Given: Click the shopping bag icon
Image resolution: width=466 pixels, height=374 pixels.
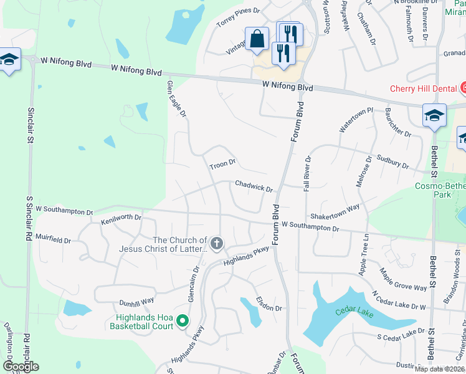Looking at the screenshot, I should tap(257, 39).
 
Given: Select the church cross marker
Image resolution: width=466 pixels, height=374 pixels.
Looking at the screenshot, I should tap(216, 243).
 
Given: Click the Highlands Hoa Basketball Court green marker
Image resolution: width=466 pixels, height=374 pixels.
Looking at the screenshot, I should tap(183, 321).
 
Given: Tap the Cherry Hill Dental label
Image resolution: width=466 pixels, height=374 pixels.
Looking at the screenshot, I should tap(424, 89).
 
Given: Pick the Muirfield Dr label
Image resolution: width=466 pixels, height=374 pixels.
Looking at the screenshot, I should tap(53, 238).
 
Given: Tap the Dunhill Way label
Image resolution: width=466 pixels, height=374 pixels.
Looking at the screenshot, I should tap(136, 300).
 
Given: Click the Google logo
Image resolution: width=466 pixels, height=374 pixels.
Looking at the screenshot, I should tap(21, 366).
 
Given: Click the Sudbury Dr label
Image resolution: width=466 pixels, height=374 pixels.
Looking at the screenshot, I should tap(392, 163).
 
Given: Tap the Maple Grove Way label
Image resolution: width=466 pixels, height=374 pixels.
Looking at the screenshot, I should tap(404, 278).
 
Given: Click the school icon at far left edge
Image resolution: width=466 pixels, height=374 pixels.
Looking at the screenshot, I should tap(9, 60).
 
